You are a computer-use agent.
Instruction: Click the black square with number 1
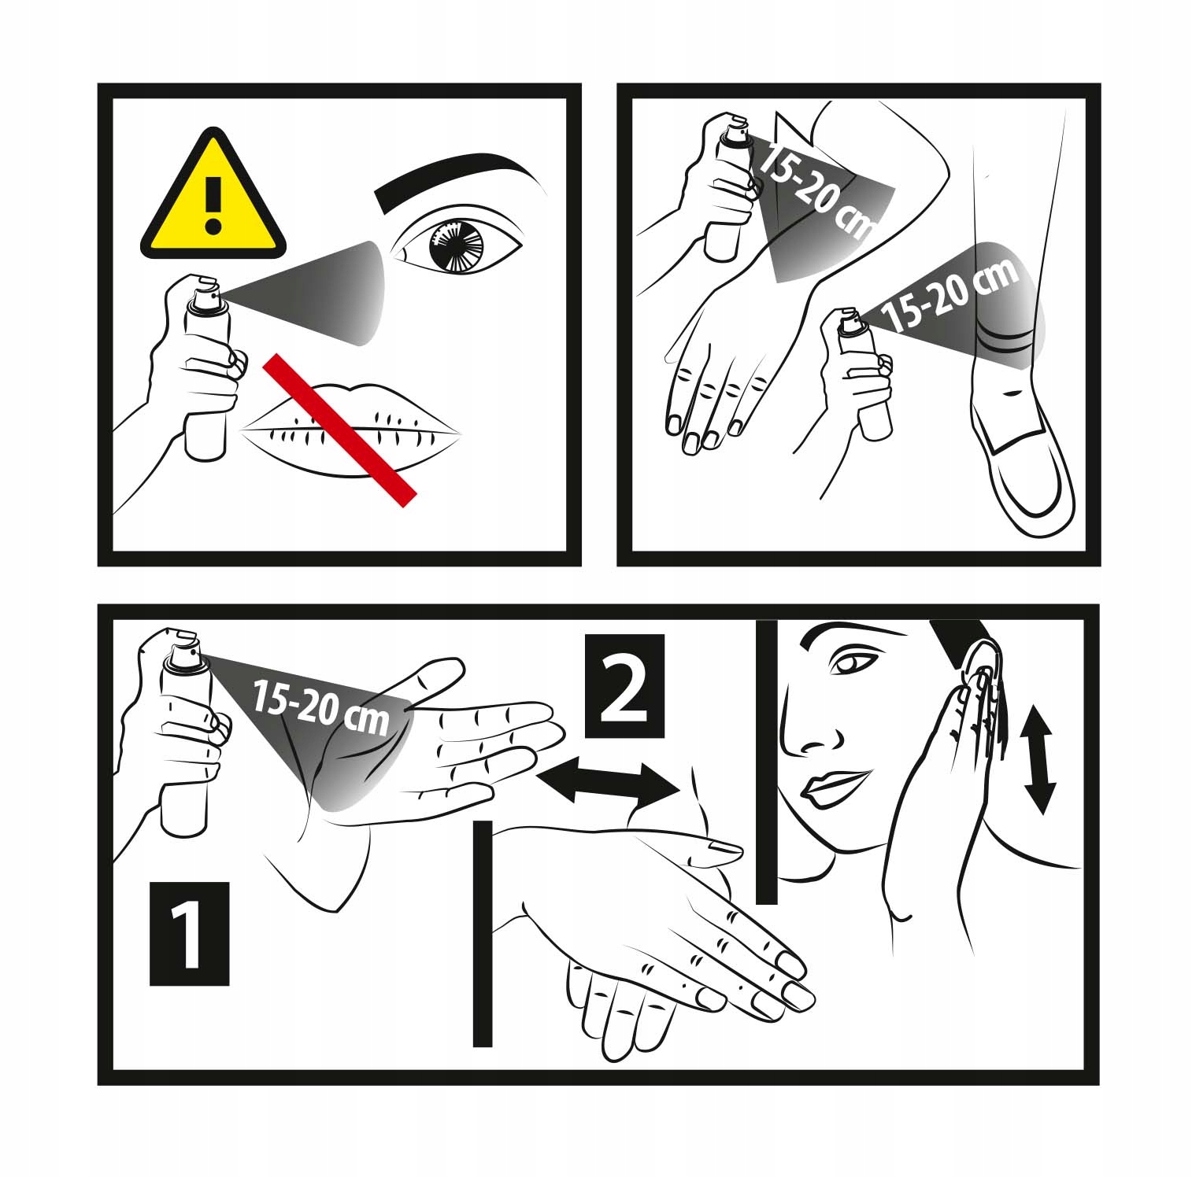[x=189, y=933]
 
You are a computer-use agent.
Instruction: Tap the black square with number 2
[x=625, y=685]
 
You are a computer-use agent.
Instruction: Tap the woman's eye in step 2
[x=849, y=664]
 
